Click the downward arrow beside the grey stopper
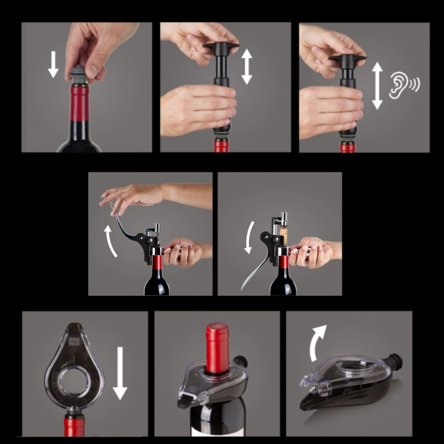[53, 64]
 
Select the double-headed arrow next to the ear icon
[377, 86]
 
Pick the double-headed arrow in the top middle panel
[247, 67]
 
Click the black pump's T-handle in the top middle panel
[221, 48]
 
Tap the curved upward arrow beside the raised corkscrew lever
[110, 241]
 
